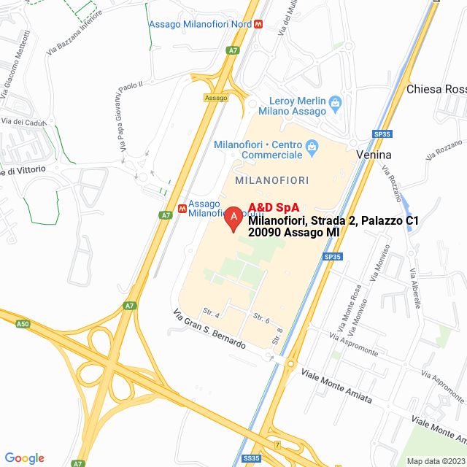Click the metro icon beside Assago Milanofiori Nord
[x=260, y=24]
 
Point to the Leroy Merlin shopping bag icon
[x=335, y=103]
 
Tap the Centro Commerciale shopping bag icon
[x=312, y=147]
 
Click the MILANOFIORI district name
[x=272, y=180]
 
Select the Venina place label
[x=374, y=155]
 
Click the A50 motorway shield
[x=22, y=323]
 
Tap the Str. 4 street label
[x=212, y=314]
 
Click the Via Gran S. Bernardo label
[x=209, y=330]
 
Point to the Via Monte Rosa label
[x=351, y=304]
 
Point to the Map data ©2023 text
[x=435, y=461]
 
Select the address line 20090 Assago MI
[x=293, y=233]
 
